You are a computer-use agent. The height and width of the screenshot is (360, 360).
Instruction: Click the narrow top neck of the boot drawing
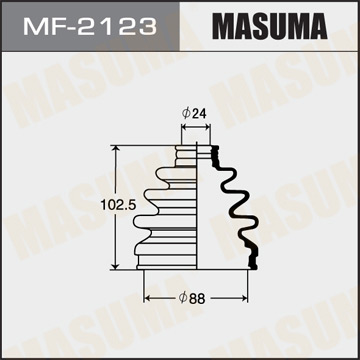[x=196, y=153]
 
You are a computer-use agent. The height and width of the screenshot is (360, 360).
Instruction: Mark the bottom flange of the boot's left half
[x=170, y=262]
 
